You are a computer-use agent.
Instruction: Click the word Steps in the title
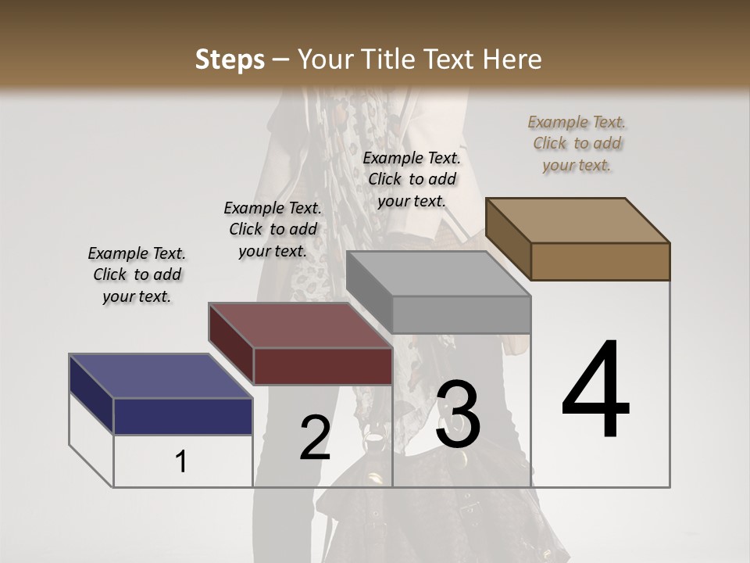tap(230, 59)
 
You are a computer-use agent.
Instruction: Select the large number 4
tap(595, 390)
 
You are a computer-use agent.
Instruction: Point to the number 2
tap(315, 438)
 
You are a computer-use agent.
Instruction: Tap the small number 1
tap(181, 461)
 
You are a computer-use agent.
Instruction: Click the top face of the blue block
tap(160, 376)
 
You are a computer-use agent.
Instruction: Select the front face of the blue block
tap(183, 416)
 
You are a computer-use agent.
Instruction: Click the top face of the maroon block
tap(300, 325)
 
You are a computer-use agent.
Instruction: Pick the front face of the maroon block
tap(323, 366)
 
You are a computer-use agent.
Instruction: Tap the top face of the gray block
tap(437, 274)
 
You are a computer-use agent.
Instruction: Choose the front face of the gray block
tap(461, 314)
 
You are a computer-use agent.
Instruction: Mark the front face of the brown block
tap(600, 261)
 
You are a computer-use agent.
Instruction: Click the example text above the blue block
tap(137, 274)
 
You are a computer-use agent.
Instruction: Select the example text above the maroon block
tap(273, 229)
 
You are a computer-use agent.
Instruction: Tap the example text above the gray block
tap(412, 179)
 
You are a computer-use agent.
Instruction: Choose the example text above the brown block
tap(577, 143)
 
